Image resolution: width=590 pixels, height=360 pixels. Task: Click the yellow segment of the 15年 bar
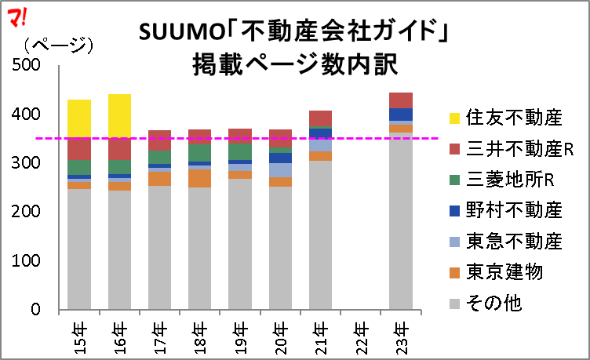tap(79, 118)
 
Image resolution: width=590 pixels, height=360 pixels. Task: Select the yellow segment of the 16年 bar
tap(120, 115)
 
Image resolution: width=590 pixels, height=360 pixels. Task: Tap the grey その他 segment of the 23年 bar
tap(400, 220)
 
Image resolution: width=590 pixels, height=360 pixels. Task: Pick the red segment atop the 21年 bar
tap(320, 118)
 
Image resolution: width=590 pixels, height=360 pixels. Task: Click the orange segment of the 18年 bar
tap(199, 178)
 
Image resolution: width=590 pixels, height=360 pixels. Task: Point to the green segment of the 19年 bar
tap(239, 151)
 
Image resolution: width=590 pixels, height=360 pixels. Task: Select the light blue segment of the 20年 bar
tap(280, 169)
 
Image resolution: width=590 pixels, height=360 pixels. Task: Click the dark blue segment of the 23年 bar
tap(400, 114)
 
